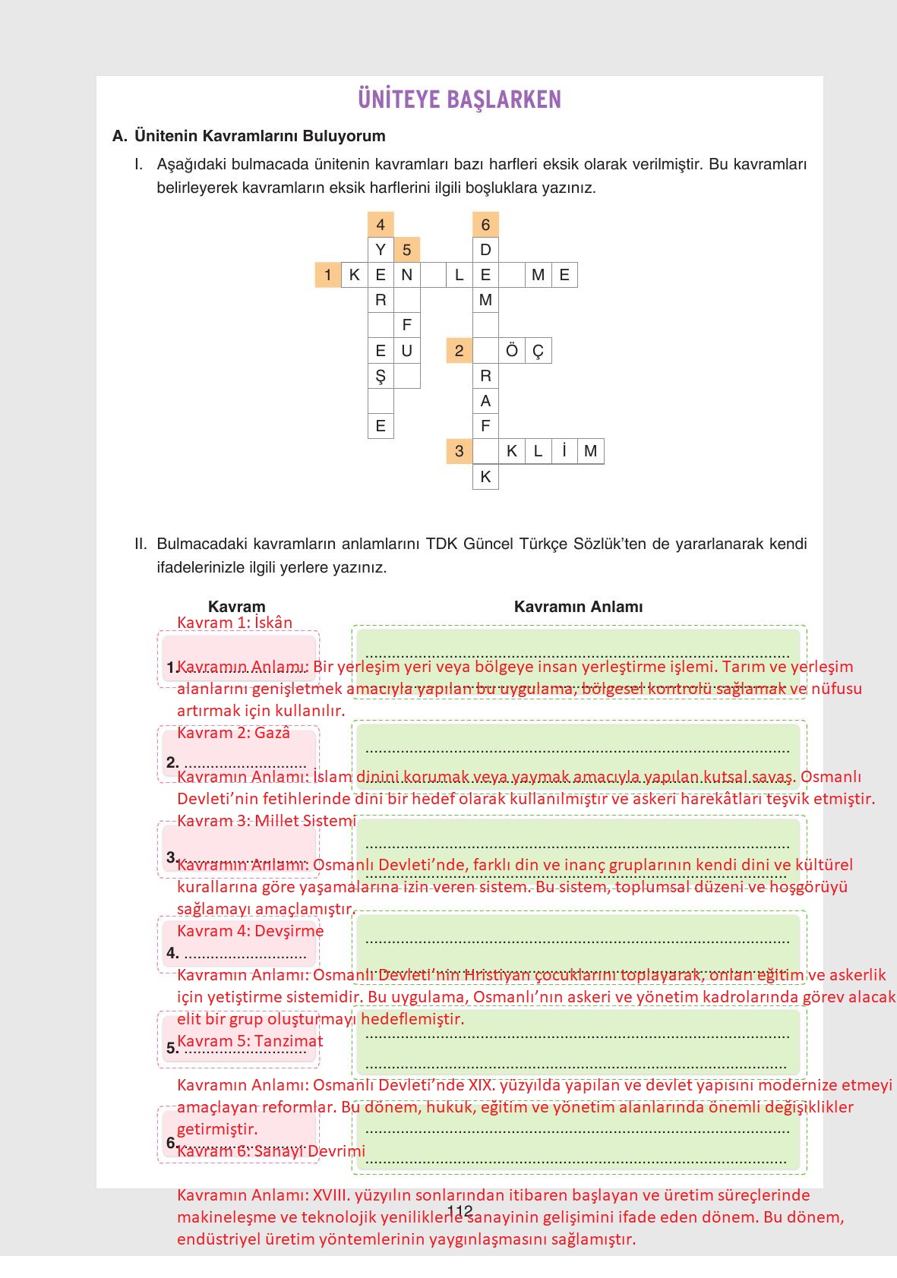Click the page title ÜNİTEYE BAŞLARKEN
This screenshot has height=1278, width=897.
(459, 99)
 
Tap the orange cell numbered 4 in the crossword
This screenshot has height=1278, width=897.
(381, 224)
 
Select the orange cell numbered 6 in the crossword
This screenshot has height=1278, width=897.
(485, 224)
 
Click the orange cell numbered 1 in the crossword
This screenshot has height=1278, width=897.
(327, 275)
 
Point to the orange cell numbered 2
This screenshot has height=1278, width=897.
(459, 351)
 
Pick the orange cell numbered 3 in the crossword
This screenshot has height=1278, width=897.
(459, 451)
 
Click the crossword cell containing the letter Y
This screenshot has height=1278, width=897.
(381, 250)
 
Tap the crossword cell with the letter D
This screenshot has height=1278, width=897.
(485, 250)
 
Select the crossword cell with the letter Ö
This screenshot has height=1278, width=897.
(512, 351)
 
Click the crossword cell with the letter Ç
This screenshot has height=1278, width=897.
(538, 351)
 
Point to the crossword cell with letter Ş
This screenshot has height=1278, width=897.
(381, 376)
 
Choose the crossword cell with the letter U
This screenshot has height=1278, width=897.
(407, 351)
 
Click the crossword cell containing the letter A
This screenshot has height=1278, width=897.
(485, 401)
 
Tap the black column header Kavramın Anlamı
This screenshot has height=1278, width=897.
(578, 607)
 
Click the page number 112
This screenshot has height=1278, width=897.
(460, 1211)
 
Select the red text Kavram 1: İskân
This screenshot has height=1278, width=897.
(235, 623)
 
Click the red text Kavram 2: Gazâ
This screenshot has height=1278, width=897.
(233, 733)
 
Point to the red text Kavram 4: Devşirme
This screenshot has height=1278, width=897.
(250, 931)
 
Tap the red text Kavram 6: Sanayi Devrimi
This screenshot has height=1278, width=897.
(271, 1151)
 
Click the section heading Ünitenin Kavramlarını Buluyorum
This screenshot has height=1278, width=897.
(260, 136)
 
